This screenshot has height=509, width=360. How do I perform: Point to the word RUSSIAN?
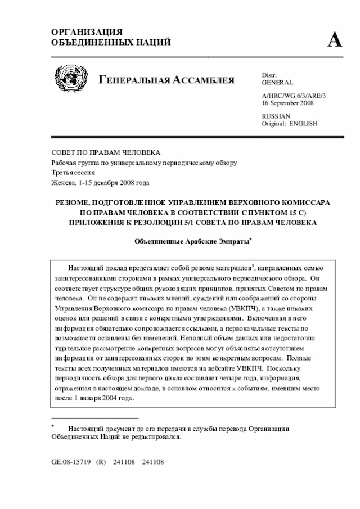[x=276, y=116]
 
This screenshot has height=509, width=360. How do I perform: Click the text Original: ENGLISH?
[x=290, y=123]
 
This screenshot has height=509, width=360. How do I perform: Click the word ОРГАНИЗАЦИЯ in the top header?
[x=87, y=32]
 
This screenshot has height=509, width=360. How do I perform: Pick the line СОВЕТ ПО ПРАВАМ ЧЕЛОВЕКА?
[x=106, y=152]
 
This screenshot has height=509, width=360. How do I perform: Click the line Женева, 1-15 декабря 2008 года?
[x=100, y=183]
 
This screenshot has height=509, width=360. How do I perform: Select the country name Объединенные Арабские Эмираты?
[x=191, y=241]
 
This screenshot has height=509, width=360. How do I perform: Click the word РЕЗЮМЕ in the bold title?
[x=71, y=202]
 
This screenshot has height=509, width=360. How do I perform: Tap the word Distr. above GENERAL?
[x=271, y=75]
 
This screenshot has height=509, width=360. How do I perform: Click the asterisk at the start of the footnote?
[x=52, y=426]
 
